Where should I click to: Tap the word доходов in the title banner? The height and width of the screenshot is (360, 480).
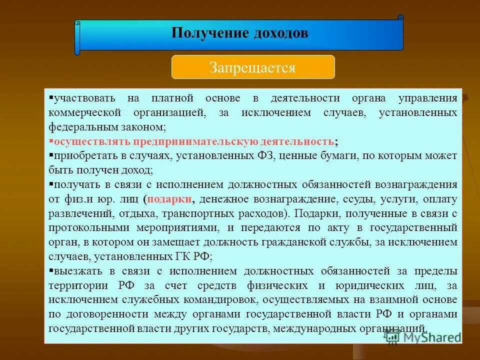(280, 33)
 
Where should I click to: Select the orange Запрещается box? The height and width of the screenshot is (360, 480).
(253, 67)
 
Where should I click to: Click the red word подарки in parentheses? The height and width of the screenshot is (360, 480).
(170, 199)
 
